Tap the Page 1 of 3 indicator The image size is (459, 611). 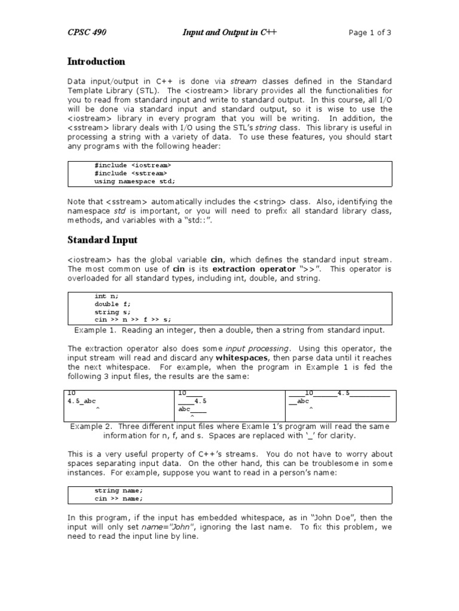[x=370, y=32]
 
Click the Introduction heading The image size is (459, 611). [x=96, y=61]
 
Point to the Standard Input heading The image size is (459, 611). [x=102, y=240]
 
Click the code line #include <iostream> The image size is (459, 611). [x=133, y=165]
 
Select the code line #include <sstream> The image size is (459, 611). [x=131, y=173]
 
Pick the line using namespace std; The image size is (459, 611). [x=135, y=181]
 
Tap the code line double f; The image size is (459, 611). [x=112, y=304]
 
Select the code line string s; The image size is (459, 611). [x=112, y=312]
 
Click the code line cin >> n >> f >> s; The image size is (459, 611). [x=133, y=320]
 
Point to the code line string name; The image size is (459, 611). [x=118, y=490]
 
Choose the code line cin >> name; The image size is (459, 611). [x=118, y=498]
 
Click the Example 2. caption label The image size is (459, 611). [x=91, y=426]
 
